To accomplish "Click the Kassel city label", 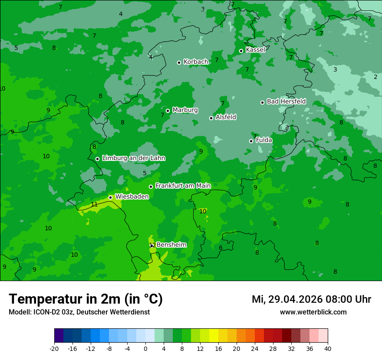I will click(x=255, y=50).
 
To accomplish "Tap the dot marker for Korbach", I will click(x=179, y=62).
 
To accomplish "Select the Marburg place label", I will click(x=185, y=110).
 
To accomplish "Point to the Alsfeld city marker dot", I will click(x=211, y=118).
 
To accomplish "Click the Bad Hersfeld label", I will click(x=286, y=101).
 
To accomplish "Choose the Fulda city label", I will click(x=264, y=140).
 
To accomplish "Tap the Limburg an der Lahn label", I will click(x=133, y=158).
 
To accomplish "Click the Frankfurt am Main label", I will click(x=183, y=186).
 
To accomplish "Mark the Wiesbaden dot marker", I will click(x=110, y=197).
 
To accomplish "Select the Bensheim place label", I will click(x=171, y=245).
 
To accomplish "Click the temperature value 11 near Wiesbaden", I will click(x=94, y=205).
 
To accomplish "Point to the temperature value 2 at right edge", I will click(x=375, y=77).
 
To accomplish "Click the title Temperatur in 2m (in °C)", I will click(x=86, y=299).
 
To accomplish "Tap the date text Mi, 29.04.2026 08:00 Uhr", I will click(x=311, y=299).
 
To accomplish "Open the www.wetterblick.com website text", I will click(x=313, y=312).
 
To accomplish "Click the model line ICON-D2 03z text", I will click(x=79, y=312).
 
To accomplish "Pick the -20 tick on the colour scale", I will click(x=54, y=348).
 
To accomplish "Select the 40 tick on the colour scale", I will click(x=328, y=348).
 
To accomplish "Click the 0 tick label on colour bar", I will click(x=145, y=348).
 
